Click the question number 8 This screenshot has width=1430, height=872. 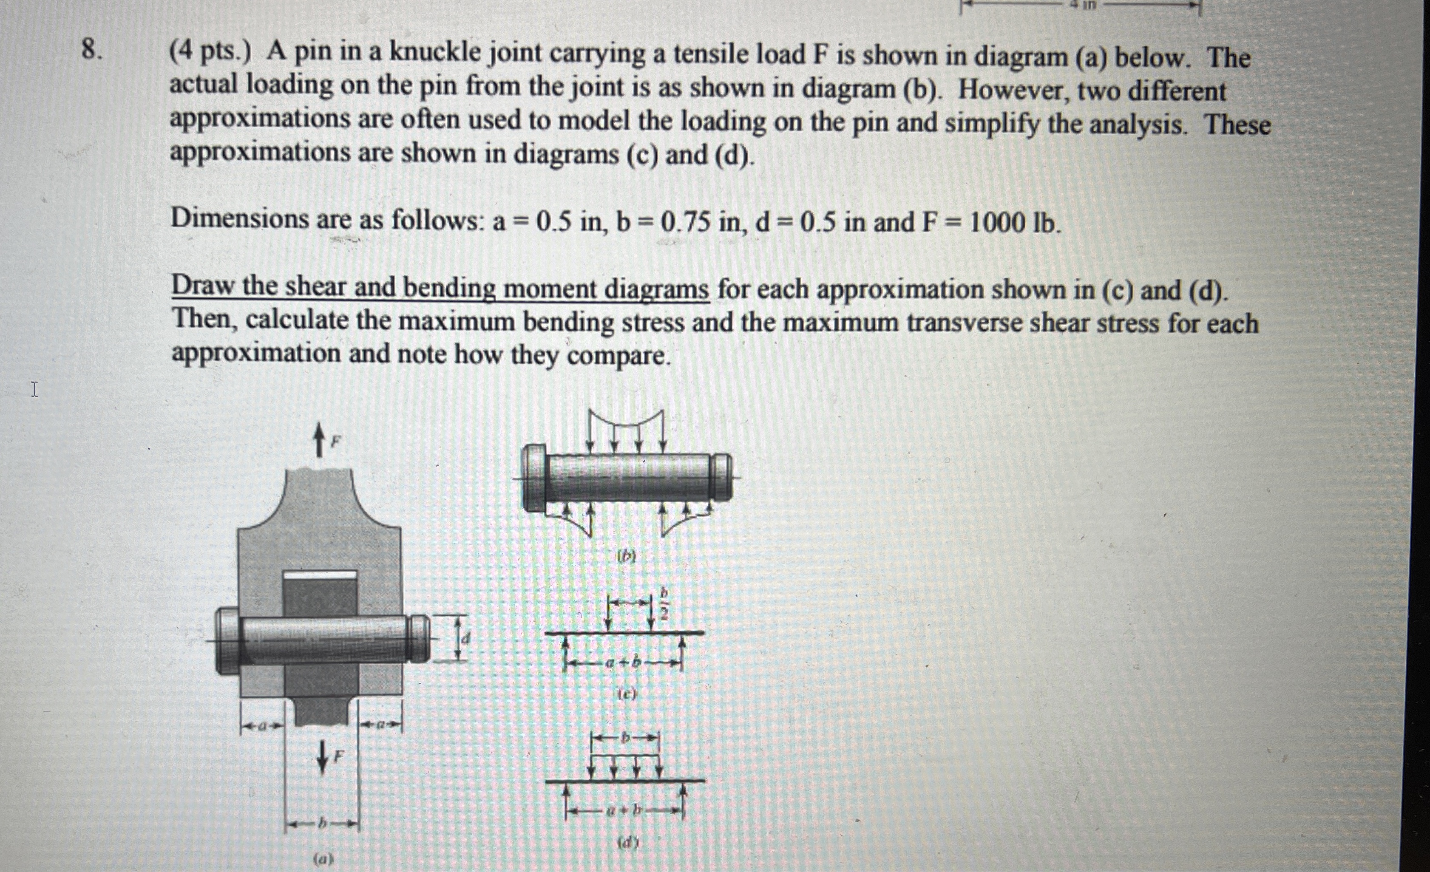91,51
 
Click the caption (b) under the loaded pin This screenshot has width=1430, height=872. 626,556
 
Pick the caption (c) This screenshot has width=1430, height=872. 627,694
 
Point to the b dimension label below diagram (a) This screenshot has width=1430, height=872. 322,824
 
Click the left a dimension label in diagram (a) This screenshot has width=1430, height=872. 262,725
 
